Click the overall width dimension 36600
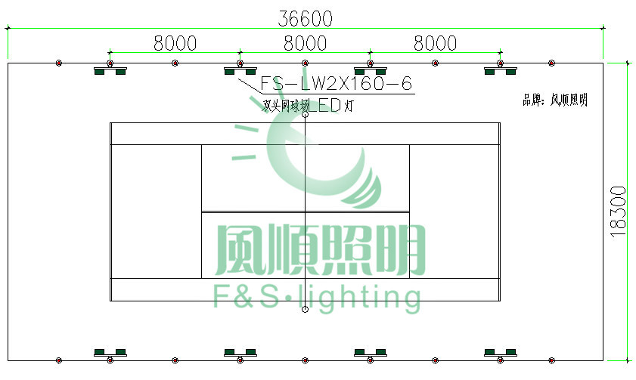tap(305, 17)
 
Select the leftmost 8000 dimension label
tap(175, 43)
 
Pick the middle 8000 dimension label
tap(305, 43)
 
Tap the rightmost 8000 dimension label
tap(435, 43)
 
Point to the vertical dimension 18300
tap(619, 212)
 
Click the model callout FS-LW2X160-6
tap(337, 83)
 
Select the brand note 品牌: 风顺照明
tap(554, 100)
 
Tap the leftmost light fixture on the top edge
tap(110, 71)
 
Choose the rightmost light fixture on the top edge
tap(500, 71)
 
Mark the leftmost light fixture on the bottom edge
tap(110, 353)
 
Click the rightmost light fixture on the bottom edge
tap(500, 353)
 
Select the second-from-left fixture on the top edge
tap(240, 71)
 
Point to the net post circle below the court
tap(305, 310)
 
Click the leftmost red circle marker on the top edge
tap(59, 63)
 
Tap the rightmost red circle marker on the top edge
tap(551, 63)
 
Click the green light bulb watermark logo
tap(318, 162)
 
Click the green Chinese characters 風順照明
tap(321, 250)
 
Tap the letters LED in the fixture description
tap(326, 107)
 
